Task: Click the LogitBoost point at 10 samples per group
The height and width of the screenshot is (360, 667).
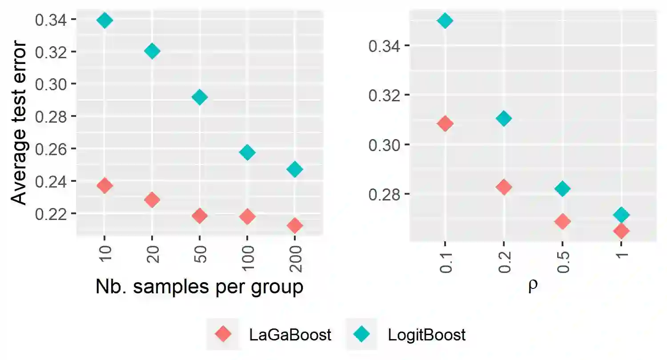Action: pyautogui.click(x=104, y=20)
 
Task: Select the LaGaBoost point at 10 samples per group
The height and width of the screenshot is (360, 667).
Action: pyautogui.click(x=104, y=185)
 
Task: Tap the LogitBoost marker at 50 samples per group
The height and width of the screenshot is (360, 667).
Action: pyautogui.click(x=200, y=97)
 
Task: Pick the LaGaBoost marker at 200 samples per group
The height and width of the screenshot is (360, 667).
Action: pyautogui.click(x=295, y=225)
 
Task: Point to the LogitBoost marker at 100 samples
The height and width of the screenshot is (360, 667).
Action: pyautogui.click(x=247, y=152)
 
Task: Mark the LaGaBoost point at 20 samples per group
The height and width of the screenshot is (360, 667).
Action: pyautogui.click(x=152, y=200)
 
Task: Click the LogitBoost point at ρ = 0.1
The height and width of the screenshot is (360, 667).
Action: pyautogui.click(x=445, y=20)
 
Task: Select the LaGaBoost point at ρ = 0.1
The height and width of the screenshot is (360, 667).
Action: pyautogui.click(x=445, y=124)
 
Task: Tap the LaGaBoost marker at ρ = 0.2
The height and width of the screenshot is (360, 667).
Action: pyautogui.click(x=504, y=187)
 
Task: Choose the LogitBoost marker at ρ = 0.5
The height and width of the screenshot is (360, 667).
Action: pyautogui.click(x=563, y=189)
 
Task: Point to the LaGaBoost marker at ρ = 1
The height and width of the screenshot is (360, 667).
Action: pyautogui.click(x=621, y=231)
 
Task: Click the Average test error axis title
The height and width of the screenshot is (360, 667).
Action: pyautogui.click(x=19, y=124)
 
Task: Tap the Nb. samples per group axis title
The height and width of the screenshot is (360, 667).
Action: pyautogui.click(x=199, y=288)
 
